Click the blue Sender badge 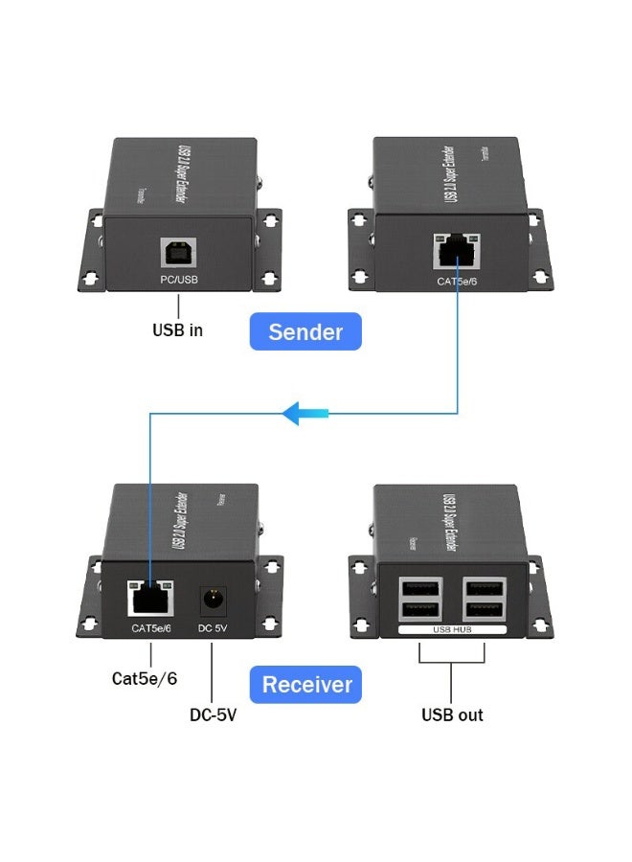[x=305, y=331]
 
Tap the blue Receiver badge [x=306, y=685]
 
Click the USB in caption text [x=177, y=330]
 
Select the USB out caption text [x=452, y=715]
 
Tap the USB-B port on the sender [x=178, y=251]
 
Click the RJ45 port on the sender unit [x=457, y=251]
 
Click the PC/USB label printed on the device [x=178, y=280]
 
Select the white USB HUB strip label [x=451, y=629]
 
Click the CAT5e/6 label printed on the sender [x=456, y=281]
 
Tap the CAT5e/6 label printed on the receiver [x=151, y=628]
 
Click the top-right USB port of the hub [x=484, y=586]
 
